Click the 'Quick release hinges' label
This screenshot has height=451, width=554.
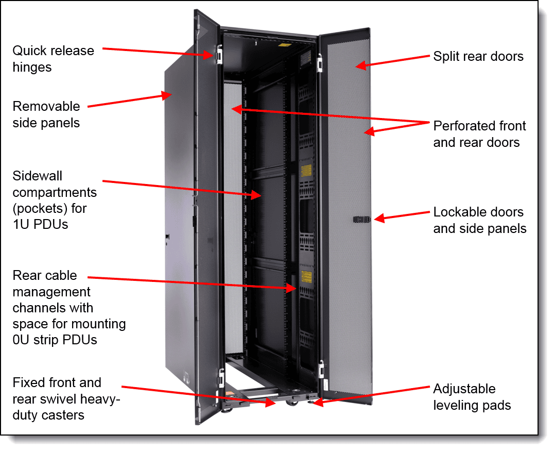pos(53,59)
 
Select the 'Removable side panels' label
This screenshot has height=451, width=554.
pos(46,114)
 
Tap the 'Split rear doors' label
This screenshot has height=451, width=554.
pos(478,56)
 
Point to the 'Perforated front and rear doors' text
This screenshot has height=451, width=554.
pos(479,133)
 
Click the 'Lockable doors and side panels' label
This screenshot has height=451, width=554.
pos(479,220)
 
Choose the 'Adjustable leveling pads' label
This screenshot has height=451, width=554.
pos(472,397)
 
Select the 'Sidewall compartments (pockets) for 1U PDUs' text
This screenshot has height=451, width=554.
pos(55,200)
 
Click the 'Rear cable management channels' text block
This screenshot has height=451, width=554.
pos(69,308)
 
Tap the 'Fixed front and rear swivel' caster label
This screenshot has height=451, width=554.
pos(66,398)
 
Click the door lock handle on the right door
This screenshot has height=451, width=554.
pos(362,219)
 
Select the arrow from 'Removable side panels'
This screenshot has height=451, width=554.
pos(129,101)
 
